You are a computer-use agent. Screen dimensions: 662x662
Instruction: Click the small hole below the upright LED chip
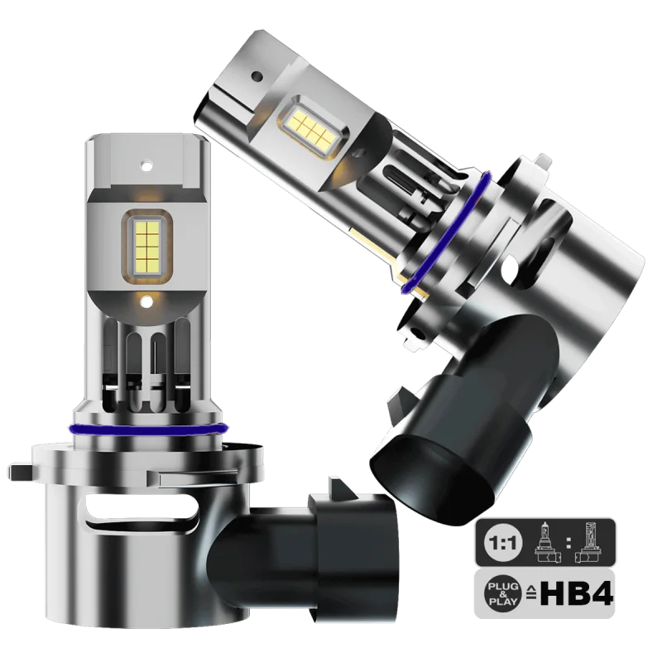click(147, 301)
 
